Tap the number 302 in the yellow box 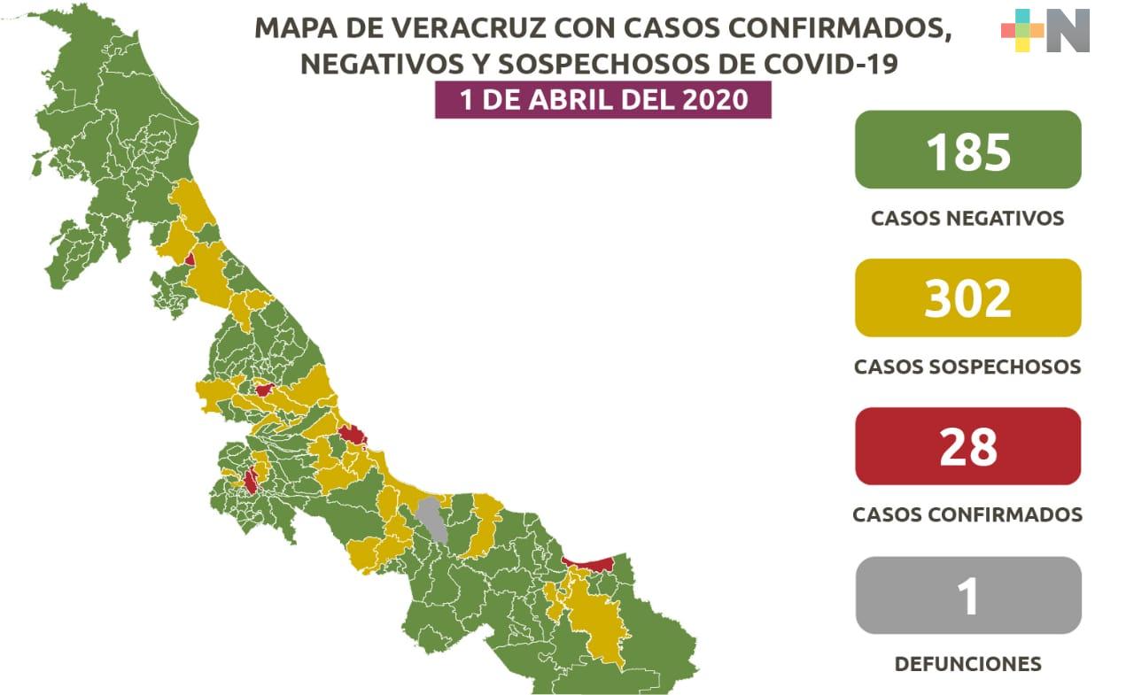967,298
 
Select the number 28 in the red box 967,446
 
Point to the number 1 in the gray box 967,595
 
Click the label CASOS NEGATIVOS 967,218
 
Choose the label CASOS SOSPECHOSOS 967,367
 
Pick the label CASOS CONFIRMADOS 967,514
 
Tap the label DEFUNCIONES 967,663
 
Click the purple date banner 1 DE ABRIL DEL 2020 603,100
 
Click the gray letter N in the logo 1068,30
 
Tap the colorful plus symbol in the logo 1022,30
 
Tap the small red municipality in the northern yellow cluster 190,259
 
